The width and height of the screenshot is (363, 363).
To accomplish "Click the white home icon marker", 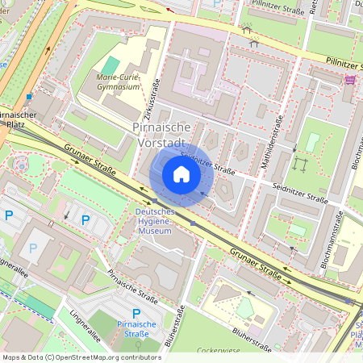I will tap(181, 173).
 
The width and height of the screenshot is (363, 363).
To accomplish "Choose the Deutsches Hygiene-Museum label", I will tap(152, 221).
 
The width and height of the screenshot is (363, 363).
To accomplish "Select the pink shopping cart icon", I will tap(349, 79).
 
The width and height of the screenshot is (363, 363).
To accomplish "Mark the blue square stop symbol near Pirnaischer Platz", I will tap(29, 97).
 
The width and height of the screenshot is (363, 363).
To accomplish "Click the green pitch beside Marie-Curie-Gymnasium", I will tap(111, 65).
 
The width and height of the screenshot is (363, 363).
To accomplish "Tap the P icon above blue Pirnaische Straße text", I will tap(136, 313).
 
